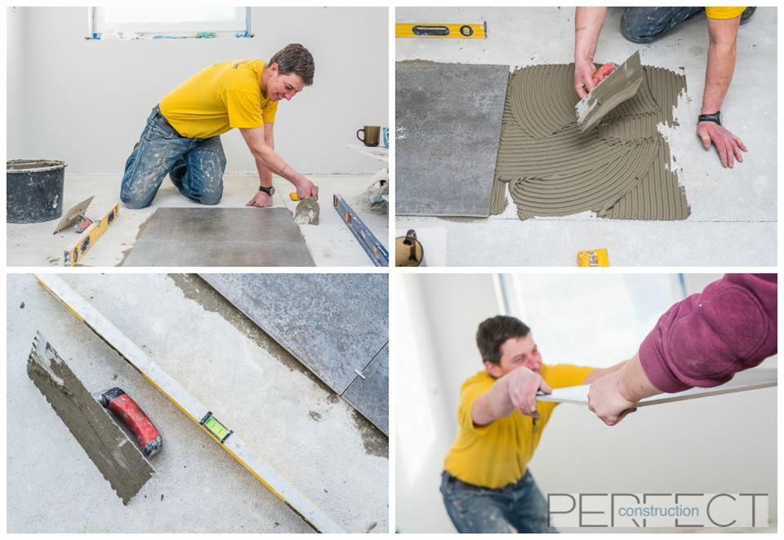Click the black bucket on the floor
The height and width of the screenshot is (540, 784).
35,190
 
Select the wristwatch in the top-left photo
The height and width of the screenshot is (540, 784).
267,190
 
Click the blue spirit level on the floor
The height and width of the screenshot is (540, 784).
360,228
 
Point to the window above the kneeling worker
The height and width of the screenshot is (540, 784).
170,23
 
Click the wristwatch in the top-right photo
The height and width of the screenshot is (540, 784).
710,118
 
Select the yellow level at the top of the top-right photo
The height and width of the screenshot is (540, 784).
440,30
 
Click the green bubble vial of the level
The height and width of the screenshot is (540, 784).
216,426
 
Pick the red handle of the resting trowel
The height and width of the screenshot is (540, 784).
131,421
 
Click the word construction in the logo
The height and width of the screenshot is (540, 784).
658,511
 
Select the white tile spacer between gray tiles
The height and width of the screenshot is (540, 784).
359,373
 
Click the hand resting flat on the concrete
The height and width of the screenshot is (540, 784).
721,143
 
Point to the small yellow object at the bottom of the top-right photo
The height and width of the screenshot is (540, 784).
593,258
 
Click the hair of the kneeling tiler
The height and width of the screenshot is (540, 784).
292,62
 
